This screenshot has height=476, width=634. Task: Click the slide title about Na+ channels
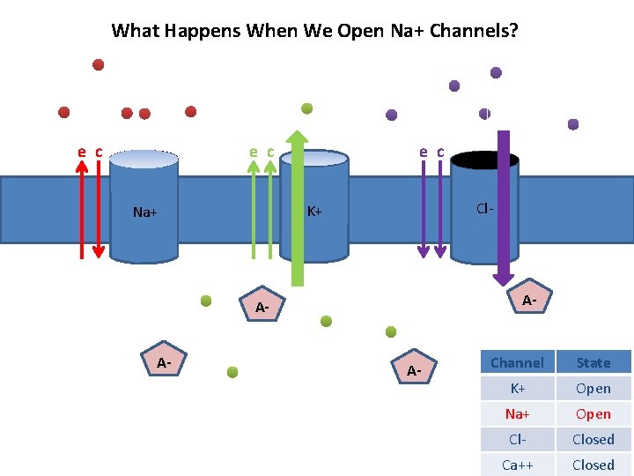(314, 31)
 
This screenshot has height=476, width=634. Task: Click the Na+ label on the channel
(144, 212)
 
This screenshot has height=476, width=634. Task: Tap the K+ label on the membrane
(313, 212)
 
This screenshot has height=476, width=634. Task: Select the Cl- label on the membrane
(483, 209)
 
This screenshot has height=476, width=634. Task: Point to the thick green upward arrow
(298, 212)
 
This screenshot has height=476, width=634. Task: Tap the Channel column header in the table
(517, 362)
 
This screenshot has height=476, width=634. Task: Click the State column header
(593, 362)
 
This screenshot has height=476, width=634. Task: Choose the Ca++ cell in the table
(517, 465)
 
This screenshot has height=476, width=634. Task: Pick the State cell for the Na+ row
(593, 413)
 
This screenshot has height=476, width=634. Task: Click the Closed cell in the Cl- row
(593, 439)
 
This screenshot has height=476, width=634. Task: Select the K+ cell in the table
(517, 388)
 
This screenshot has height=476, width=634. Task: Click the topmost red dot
(99, 64)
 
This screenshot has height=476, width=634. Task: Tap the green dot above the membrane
(307, 108)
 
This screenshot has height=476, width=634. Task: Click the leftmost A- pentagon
(164, 363)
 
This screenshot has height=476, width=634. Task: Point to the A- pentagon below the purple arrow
(527, 301)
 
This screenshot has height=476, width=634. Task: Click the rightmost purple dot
(573, 124)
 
